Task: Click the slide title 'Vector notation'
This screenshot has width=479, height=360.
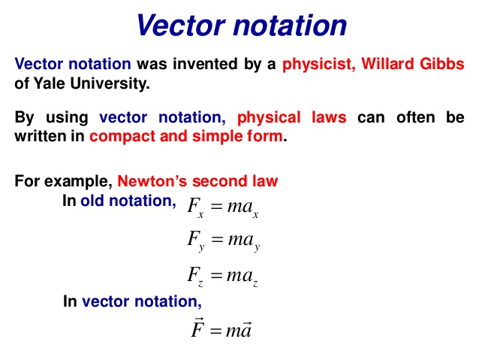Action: point(241,26)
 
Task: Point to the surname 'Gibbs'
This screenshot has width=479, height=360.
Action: point(444,65)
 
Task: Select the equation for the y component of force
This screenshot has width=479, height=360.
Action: point(223,242)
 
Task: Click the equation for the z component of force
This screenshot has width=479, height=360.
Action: point(223,277)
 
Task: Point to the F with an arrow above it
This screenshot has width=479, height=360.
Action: point(197,329)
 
